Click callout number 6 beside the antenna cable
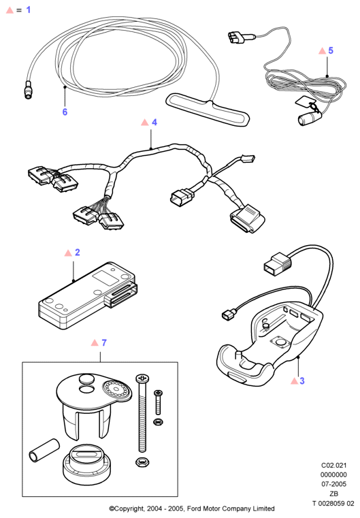tap(65, 112)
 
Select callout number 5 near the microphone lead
tap(331, 50)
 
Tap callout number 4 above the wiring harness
tap(154, 123)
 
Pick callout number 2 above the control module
tap(78, 253)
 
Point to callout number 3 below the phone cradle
tap(302, 381)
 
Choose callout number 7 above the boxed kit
tap(104, 343)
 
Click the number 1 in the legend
tap(29, 10)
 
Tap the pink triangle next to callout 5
tap(322, 51)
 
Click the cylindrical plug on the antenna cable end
tap(29, 90)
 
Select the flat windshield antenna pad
tap(208, 110)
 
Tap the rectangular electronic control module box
tap(88, 295)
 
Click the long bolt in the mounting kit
tap(142, 413)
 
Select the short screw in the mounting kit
tap(158, 402)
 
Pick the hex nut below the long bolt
tap(142, 462)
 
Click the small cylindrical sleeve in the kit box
tap(44, 451)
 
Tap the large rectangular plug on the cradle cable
tap(278, 263)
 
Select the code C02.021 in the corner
tap(334, 466)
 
